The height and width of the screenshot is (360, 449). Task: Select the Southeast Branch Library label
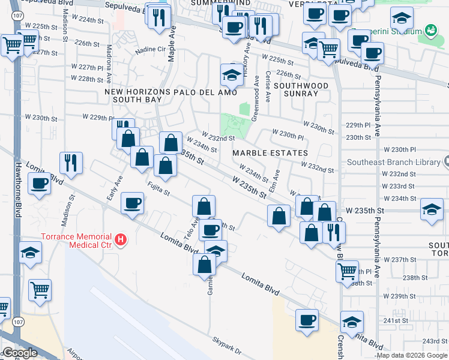(x=394, y=162)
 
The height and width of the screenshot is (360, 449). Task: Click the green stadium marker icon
(x=430, y=30)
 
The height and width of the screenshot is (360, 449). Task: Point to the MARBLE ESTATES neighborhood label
(x=270, y=153)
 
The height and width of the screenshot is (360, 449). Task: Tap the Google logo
(x=20, y=353)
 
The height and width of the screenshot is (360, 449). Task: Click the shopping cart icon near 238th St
(x=347, y=271)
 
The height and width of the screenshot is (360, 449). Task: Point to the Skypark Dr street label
(x=226, y=346)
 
